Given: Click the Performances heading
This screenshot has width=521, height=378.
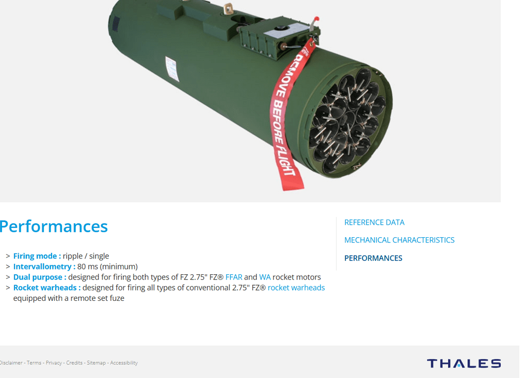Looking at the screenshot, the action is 54,227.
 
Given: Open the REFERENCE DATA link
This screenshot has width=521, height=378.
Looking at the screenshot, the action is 374,223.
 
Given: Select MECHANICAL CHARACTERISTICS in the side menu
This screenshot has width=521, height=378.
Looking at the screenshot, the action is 399,240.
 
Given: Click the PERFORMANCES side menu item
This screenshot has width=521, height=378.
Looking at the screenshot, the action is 373,258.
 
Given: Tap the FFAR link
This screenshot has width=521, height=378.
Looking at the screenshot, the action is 233,277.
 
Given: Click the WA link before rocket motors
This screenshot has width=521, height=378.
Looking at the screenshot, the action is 265,277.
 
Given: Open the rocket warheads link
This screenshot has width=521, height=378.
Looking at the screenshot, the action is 296,288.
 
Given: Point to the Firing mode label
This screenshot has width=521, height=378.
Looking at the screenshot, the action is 37,256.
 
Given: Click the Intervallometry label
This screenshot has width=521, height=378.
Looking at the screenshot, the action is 44,266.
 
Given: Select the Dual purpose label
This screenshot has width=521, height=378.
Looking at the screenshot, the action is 40,277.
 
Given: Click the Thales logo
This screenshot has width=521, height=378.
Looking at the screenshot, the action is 464,363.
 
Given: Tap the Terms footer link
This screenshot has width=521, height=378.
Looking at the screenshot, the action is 34,363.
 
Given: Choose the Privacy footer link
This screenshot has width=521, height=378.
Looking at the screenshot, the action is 54,363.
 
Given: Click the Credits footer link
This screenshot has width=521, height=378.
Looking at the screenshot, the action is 74,363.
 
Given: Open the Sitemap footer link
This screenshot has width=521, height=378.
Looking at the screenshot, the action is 96,363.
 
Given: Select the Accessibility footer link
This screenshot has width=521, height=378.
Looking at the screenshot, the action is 123,363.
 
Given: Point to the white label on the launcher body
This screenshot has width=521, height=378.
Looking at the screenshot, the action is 172,69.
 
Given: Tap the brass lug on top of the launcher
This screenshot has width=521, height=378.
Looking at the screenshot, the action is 228,9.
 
